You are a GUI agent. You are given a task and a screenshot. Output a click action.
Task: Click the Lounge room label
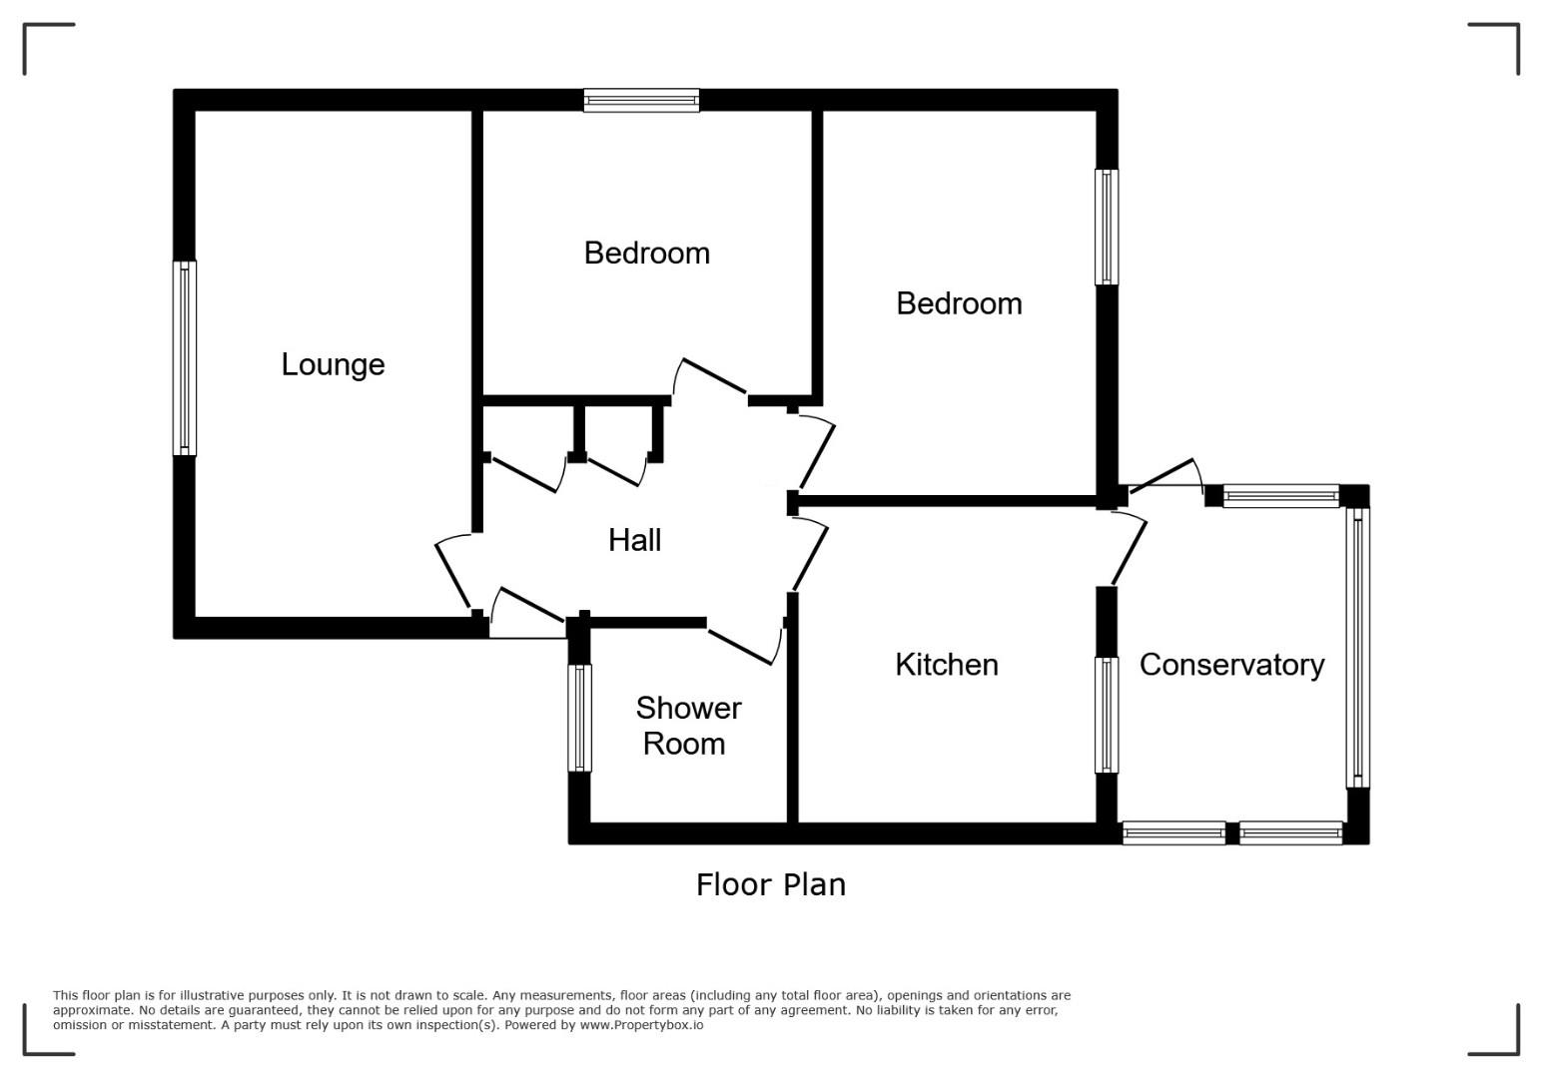[x=333, y=364]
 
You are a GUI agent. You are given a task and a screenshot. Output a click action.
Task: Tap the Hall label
[x=635, y=540]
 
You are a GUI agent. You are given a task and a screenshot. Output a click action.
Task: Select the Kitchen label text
[x=947, y=665]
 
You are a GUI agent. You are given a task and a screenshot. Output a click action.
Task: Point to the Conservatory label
[x=1231, y=665]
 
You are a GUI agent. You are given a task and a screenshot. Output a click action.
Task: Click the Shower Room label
[x=688, y=726]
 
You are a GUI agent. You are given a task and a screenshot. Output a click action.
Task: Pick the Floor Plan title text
[x=770, y=884]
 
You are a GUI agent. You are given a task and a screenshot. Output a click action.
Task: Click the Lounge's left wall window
[x=185, y=357]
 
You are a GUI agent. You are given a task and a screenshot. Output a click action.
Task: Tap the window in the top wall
[x=641, y=101]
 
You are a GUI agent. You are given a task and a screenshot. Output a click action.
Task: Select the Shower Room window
[x=579, y=718]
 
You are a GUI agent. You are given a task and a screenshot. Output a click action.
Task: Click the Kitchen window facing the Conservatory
[x=1107, y=715]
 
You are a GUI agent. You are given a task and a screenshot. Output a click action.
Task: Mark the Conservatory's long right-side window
[x=1357, y=648]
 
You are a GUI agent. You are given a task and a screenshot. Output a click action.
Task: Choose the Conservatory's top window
[x=1281, y=496]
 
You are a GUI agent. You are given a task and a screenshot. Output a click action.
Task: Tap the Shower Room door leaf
[x=740, y=647]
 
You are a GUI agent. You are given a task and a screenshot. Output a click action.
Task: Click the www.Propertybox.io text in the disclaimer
[x=641, y=1025]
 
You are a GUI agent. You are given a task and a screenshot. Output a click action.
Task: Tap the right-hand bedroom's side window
[x=1107, y=227]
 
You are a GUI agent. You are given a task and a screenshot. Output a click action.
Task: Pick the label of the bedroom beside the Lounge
[x=646, y=254]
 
